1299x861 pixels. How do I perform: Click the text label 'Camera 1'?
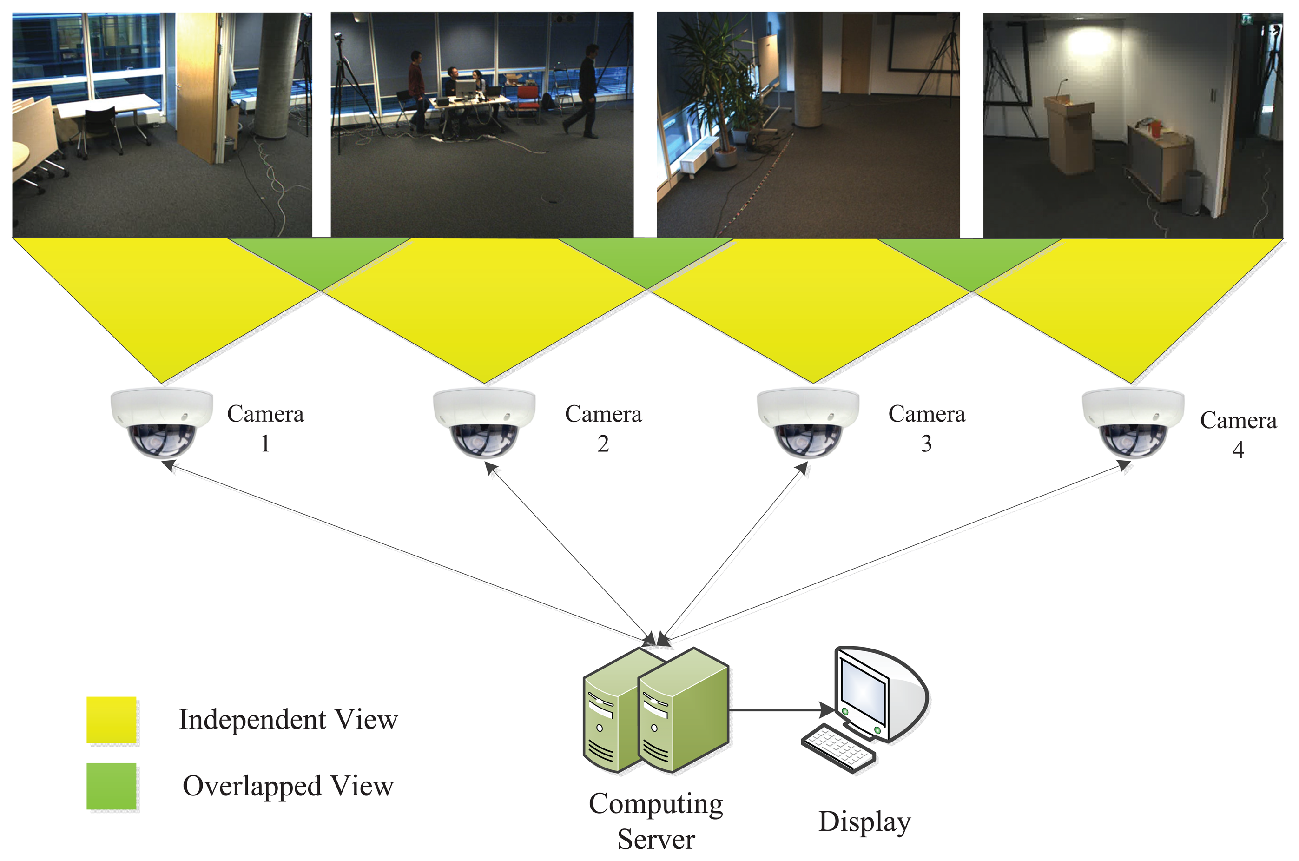(x=266, y=428)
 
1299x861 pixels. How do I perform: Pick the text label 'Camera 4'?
(x=1238, y=434)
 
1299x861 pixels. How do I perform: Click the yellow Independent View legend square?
(x=112, y=719)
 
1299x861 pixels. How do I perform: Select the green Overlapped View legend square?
(x=112, y=786)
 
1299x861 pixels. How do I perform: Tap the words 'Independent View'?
(x=288, y=719)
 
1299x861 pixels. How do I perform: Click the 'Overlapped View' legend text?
(x=288, y=786)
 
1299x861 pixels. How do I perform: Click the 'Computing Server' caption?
(x=656, y=821)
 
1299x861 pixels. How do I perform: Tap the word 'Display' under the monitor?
(x=864, y=822)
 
